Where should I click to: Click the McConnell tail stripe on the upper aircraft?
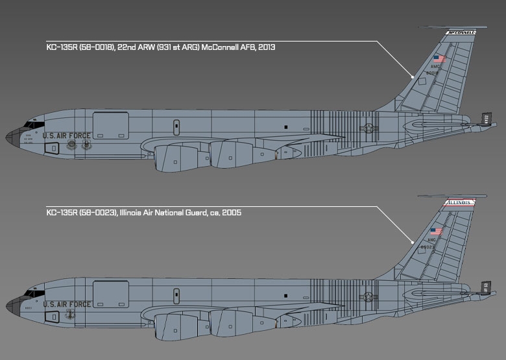tap(461, 32)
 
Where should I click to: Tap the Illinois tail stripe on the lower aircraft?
tap(458, 202)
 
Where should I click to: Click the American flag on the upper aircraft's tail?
tap(439, 58)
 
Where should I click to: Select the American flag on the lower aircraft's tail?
tap(436, 231)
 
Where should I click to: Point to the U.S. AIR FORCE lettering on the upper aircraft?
tap(67, 136)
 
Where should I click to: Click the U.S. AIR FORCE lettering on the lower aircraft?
tap(67, 304)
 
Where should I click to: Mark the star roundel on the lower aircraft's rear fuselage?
tap(370, 296)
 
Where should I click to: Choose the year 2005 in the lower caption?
tap(231, 212)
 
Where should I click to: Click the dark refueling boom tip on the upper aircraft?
tap(485, 118)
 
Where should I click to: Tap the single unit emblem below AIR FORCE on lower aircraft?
tap(71, 315)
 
